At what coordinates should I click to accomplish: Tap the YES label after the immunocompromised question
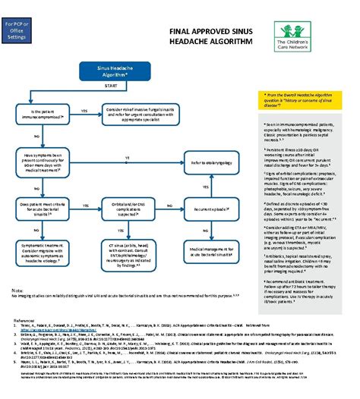(84, 111)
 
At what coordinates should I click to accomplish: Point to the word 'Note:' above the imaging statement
(17, 291)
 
